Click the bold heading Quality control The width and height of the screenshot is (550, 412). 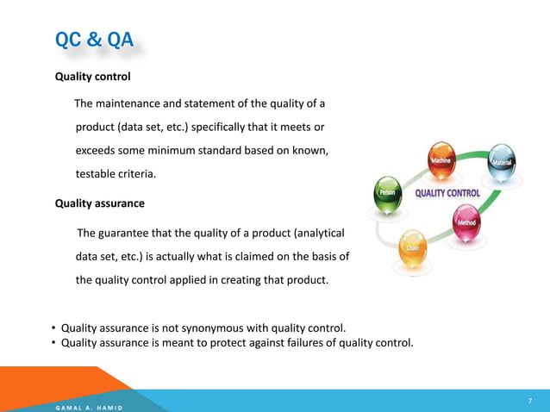(x=92, y=77)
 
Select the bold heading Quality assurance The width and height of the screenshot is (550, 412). (x=99, y=203)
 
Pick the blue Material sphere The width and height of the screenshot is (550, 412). (x=501, y=160)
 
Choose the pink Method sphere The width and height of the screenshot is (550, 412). (x=466, y=220)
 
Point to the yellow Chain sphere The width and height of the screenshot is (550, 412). (x=412, y=246)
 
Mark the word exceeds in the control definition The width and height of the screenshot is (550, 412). (x=98, y=151)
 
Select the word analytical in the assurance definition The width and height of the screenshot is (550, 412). (x=319, y=233)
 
